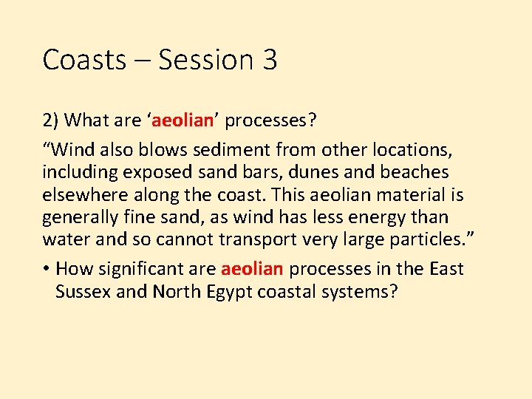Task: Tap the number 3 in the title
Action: tap(269, 60)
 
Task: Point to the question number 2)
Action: tap(52, 120)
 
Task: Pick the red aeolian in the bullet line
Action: tap(251, 269)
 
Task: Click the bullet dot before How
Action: tap(46, 269)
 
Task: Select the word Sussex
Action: tap(83, 291)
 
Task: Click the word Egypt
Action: tap(225, 291)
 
